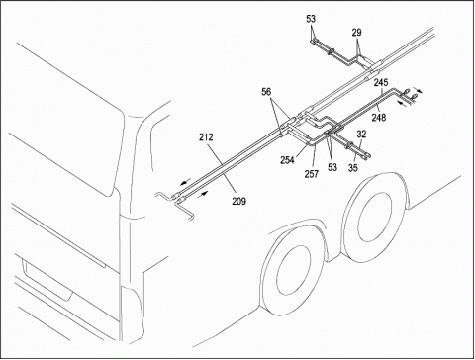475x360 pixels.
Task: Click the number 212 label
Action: (206, 137)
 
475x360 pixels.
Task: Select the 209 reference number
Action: (238, 201)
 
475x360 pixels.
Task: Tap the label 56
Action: (266, 92)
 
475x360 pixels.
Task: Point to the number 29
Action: (356, 33)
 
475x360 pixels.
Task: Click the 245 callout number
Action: (381, 82)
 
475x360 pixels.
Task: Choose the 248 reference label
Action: (379, 117)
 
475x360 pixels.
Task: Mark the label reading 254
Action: (288, 160)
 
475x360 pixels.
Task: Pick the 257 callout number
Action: (312, 174)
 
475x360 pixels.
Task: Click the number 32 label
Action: (361, 134)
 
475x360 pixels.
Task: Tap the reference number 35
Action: (353, 167)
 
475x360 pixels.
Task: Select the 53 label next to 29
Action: (311, 19)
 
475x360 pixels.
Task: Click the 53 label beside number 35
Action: (332, 167)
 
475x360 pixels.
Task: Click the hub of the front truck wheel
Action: (293, 270)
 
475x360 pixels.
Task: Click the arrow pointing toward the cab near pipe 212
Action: (185, 182)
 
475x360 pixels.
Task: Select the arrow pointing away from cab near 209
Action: (203, 194)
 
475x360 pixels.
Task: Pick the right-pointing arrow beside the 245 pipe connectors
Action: (418, 90)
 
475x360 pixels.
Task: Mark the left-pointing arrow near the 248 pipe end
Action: (402, 104)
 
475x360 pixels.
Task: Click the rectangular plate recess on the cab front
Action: (47, 280)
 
